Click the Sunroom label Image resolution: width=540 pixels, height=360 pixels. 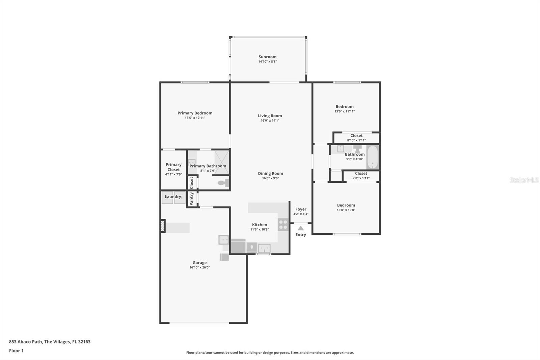tap(267, 57)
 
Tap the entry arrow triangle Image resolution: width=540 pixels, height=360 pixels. tap(300, 228)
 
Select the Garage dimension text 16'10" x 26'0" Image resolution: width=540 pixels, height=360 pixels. tap(199, 267)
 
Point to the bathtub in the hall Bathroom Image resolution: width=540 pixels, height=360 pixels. tap(373, 157)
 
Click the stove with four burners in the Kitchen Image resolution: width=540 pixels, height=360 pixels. tap(283, 225)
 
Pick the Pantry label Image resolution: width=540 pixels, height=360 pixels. tap(192, 199)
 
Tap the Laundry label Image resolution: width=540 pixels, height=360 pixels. tap(173, 197)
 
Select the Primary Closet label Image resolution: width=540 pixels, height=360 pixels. tap(173, 167)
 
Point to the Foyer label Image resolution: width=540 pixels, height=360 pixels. tap(301, 209)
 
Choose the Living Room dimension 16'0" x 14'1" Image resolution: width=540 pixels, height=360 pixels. tap(270, 121)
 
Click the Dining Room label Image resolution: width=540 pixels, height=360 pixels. tap(270, 173)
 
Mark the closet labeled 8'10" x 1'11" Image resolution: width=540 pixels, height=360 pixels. tap(356, 138)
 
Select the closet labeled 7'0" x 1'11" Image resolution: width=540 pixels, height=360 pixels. tap(361, 176)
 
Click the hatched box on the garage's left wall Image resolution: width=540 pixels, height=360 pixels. tap(163, 226)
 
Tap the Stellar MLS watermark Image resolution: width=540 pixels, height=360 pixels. tap(524, 180)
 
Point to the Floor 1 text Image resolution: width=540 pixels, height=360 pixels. tap(16, 351)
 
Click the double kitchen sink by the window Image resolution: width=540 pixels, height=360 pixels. tap(264, 248)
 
